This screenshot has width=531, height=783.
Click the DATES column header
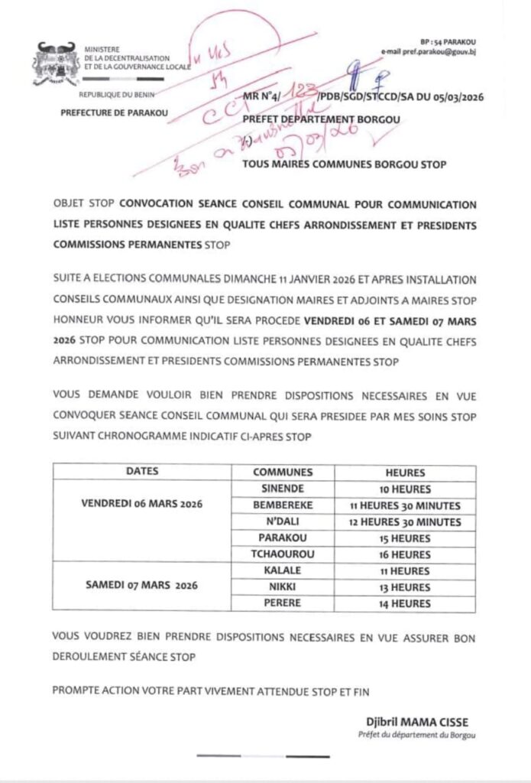pos(141,473)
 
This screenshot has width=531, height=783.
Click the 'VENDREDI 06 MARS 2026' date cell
pos(141,505)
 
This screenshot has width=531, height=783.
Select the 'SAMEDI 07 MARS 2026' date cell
pos(141,586)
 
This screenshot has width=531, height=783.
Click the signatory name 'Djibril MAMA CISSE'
pos(414,723)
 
